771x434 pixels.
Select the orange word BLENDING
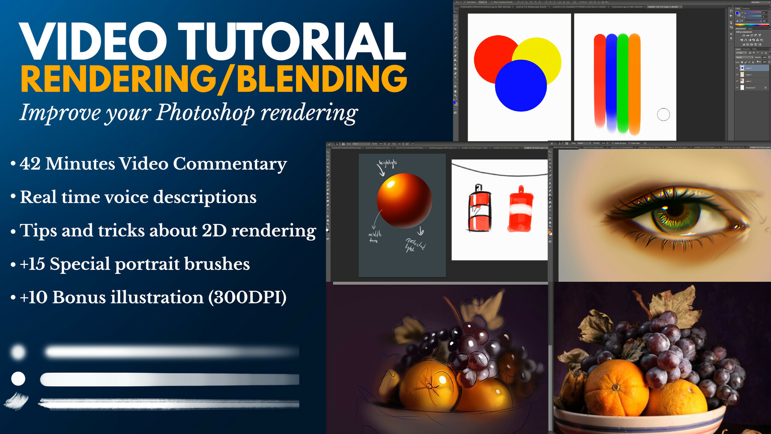point(322,79)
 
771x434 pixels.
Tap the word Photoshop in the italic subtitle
point(205,113)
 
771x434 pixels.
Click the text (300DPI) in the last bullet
point(248,297)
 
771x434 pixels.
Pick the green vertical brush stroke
point(623,81)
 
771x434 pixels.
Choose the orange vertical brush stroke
point(635,84)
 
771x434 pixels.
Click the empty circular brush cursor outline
point(663,114)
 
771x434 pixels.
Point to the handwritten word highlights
point(388,163)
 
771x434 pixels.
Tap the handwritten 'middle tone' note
point(374,237)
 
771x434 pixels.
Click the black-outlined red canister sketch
point(479,209)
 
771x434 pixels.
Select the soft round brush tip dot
point(18,352)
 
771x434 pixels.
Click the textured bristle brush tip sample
point(17,401)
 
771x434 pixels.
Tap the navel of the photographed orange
point(616,387)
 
